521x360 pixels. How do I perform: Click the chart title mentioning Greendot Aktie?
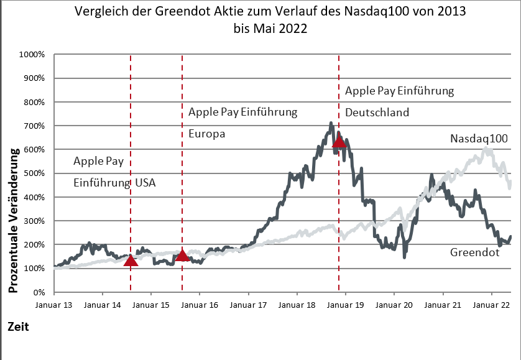(x=269, y=20)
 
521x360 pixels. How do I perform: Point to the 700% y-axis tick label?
(x=35, y=126)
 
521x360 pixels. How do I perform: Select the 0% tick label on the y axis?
(x=39, y=292)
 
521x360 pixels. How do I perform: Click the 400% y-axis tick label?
(x=35, y=198)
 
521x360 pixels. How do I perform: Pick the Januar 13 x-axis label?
(x=54, y=305)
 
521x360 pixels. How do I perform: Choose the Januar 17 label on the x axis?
(x=249, y=305)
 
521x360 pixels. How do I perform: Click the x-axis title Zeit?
(x=19, y=326)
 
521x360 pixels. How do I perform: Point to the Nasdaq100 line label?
(x=479, y=139)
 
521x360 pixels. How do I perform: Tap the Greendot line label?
(x=475, y=252)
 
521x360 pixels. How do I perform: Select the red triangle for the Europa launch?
(x=182, y=256)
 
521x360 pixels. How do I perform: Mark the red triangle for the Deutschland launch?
(x=339, y=142)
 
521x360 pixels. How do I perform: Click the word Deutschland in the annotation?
(x=377, y=113)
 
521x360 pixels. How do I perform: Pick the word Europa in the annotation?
(x=206, y=134)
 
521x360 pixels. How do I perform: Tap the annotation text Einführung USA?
(x=114, y=183)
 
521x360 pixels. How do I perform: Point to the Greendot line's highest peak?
(x=331, y=124)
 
